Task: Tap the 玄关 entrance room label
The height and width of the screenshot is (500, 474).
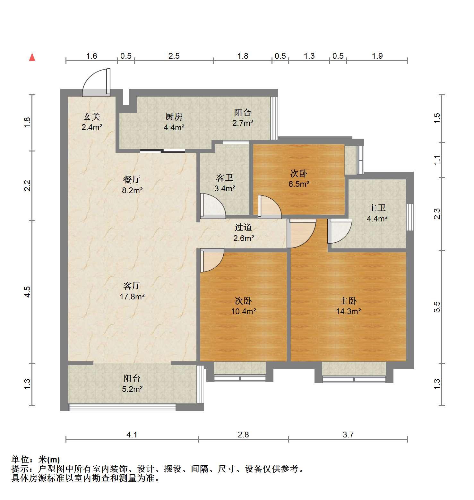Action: point(92,116)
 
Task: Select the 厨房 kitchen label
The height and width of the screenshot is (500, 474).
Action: point(174,116)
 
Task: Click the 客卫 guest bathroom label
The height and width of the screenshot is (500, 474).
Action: point(225,177)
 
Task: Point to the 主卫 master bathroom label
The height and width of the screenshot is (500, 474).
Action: point(377,208)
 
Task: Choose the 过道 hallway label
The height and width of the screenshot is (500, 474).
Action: point(243,228)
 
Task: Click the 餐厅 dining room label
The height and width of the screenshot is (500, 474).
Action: point(132,179)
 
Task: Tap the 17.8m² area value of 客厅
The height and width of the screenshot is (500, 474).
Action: point(132,297)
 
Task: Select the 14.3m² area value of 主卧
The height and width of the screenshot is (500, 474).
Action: point(349,311)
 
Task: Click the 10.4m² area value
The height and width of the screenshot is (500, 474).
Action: point(243,311)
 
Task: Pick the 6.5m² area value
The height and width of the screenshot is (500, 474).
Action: point(299,184)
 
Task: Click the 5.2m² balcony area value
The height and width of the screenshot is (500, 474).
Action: point(132,389)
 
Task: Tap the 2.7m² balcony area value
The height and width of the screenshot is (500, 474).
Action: point(243,123)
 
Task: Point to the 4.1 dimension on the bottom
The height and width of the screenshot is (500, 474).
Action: point(132,435)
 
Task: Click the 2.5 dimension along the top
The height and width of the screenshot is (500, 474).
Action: point(174,56)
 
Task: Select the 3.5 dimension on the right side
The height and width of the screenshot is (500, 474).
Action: point(437,306)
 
